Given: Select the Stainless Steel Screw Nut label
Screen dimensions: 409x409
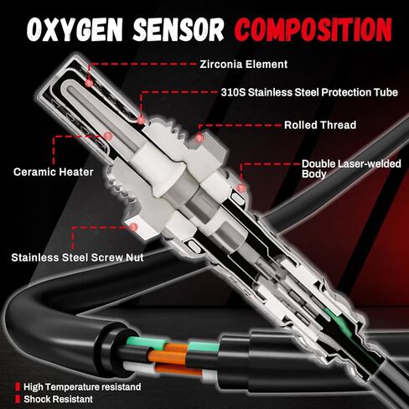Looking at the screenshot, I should click(78, 258).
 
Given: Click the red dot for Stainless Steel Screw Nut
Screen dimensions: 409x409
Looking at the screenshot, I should click(132, 225).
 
